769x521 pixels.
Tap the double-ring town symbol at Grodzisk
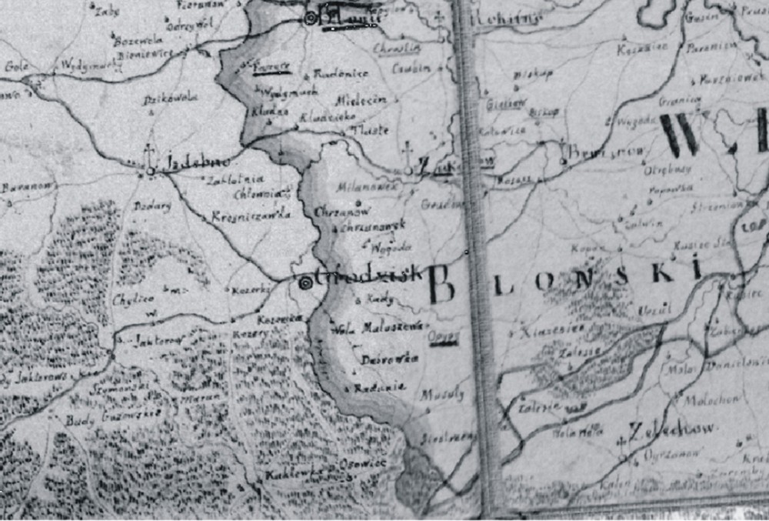[305, 282]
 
